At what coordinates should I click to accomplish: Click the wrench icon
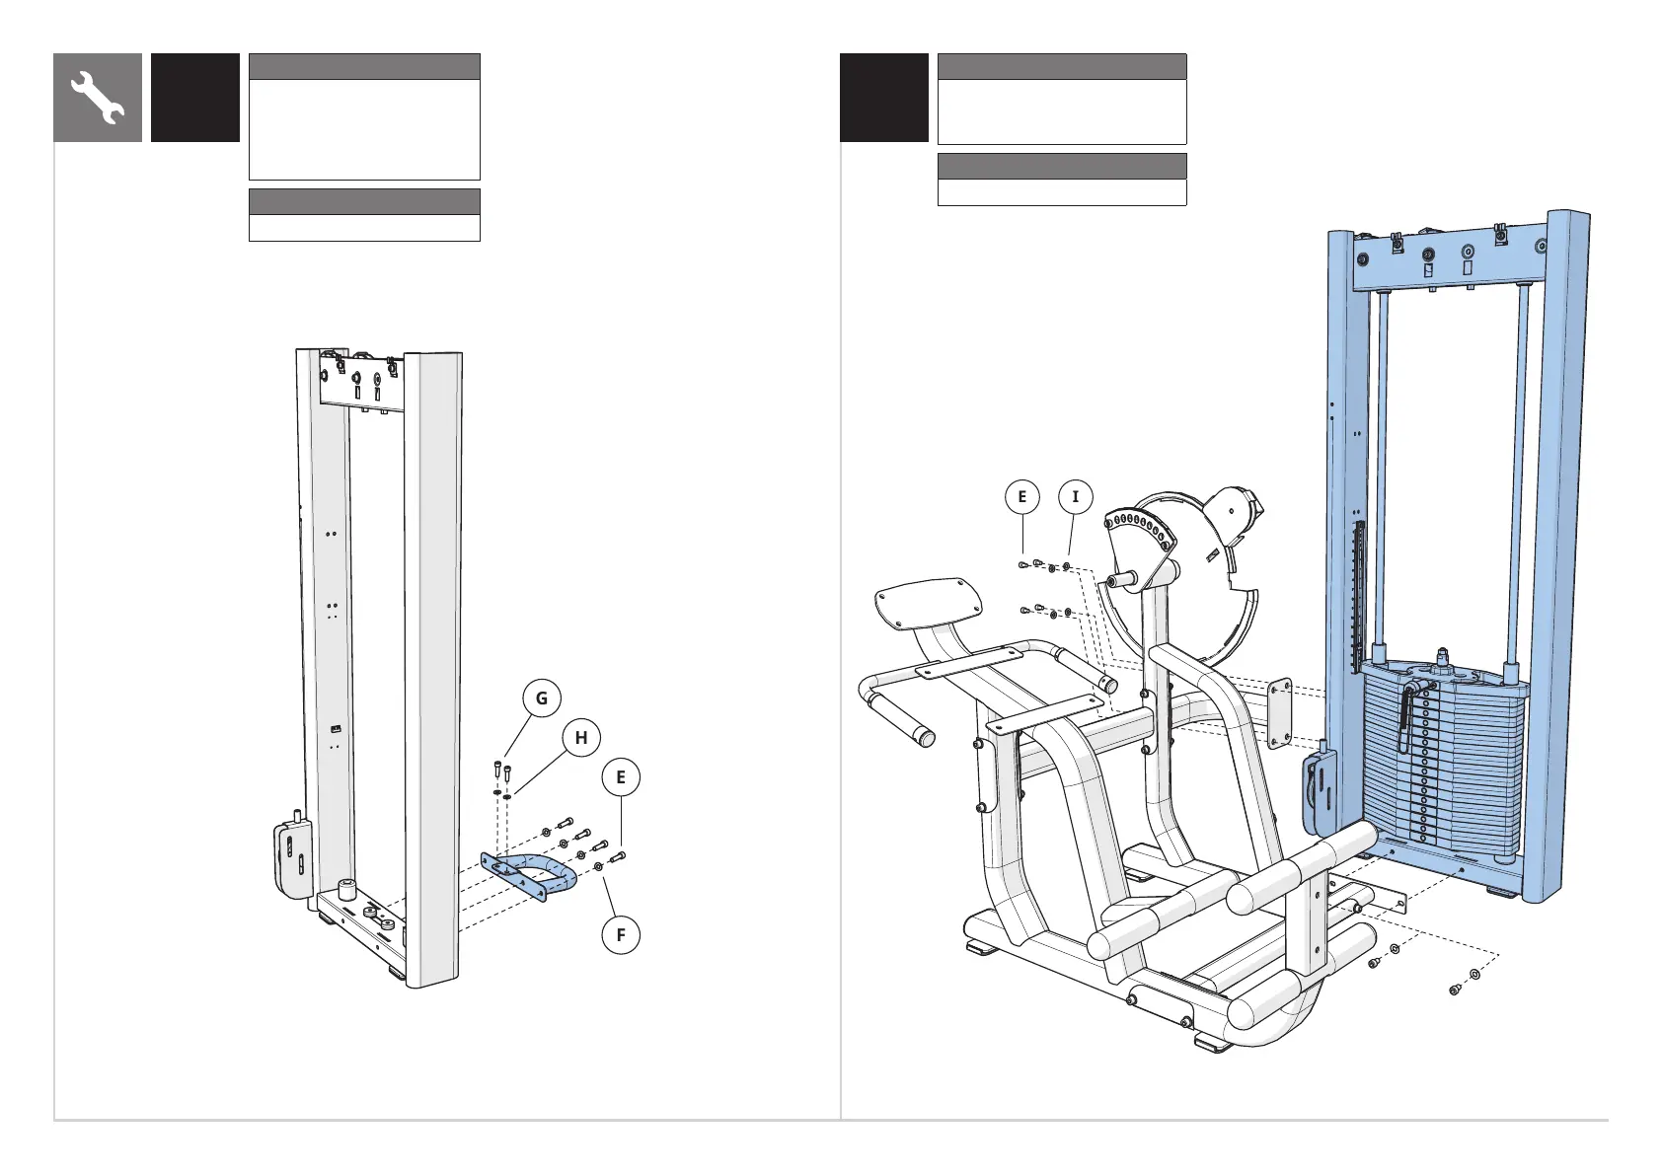98,98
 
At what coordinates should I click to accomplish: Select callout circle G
541,698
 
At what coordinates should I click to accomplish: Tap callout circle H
581,738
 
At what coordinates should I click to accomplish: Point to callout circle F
621,934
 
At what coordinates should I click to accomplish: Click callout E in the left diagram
621,777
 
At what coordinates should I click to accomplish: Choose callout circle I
1076,497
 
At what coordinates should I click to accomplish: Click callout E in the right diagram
1022,497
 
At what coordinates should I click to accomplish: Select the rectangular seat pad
930,603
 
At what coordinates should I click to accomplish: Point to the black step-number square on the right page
883,98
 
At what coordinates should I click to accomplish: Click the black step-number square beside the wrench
195,98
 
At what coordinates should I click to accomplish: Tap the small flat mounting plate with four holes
1279,712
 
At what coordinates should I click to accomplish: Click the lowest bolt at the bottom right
1455,989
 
